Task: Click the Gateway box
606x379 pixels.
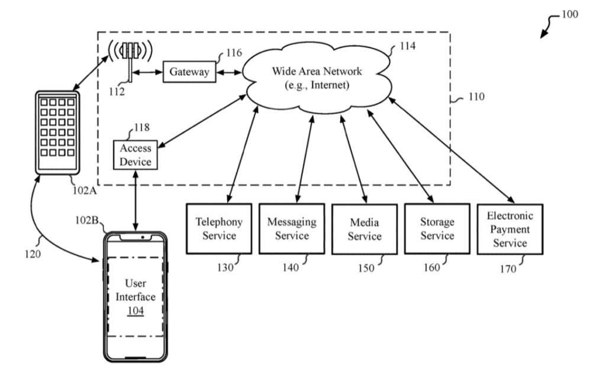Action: point(189,72)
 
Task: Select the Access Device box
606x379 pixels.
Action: point(136,155)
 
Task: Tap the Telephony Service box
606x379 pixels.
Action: point(219,229)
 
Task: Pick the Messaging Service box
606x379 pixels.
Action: point(292,229)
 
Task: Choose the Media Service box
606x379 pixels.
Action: point(364,229)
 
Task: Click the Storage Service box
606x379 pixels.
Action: point(437,229)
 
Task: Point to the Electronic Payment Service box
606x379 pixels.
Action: point(510,229)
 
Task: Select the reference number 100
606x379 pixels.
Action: point(569,15)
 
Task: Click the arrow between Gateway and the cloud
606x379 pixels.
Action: point(228,73)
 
